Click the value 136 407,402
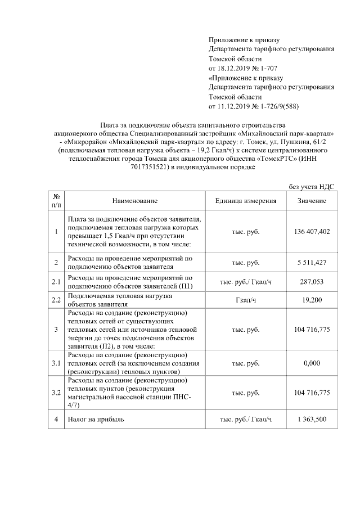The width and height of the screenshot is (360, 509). [x=312, y=232]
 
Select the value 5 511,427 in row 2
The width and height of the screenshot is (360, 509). [x=312, y=263]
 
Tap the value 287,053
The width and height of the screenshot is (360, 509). [x=312, y=282]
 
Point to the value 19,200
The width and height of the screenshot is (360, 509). [x=312, y=300]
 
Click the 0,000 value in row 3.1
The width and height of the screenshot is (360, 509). [x=312, y=363]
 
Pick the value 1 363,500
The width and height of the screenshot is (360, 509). [x=312, y=419]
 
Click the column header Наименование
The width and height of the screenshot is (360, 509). [x=134, y=201]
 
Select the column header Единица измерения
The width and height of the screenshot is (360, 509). [x=246, y=201]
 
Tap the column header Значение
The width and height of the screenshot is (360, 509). [x=312, y=201]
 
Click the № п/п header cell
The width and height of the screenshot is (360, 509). [x=56, y=201]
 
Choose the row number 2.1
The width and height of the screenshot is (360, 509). [x=56, y=282]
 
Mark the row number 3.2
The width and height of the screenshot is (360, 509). [x=56, y=392]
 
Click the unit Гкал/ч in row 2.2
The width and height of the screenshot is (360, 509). [x=246, y=300]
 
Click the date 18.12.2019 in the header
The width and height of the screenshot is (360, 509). [x=234, y=67]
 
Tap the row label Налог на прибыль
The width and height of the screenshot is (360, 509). [x=96, y=419]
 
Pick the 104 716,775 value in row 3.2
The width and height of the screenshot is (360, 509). [x=312, y=392]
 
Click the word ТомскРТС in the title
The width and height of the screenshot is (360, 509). [x=278, y=159]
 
